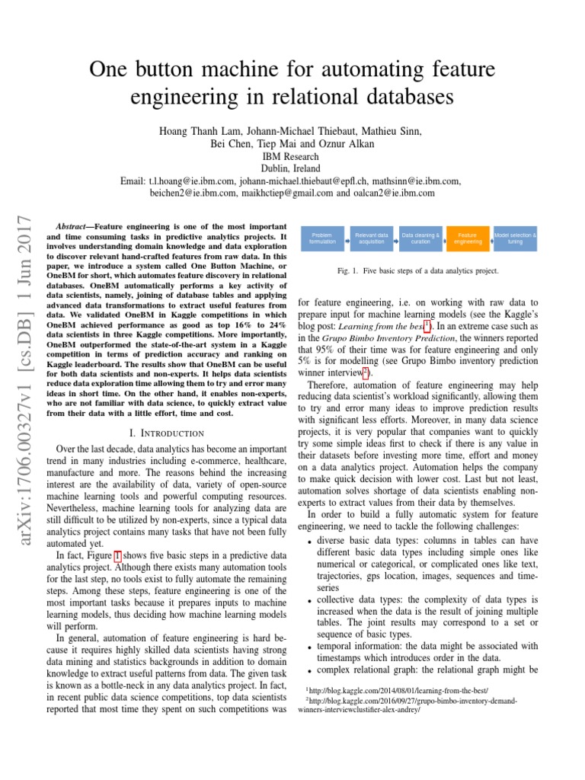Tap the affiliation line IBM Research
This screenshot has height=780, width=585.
click(x=291, y=156)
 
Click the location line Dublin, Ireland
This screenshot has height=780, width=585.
click(x=291, y=168)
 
